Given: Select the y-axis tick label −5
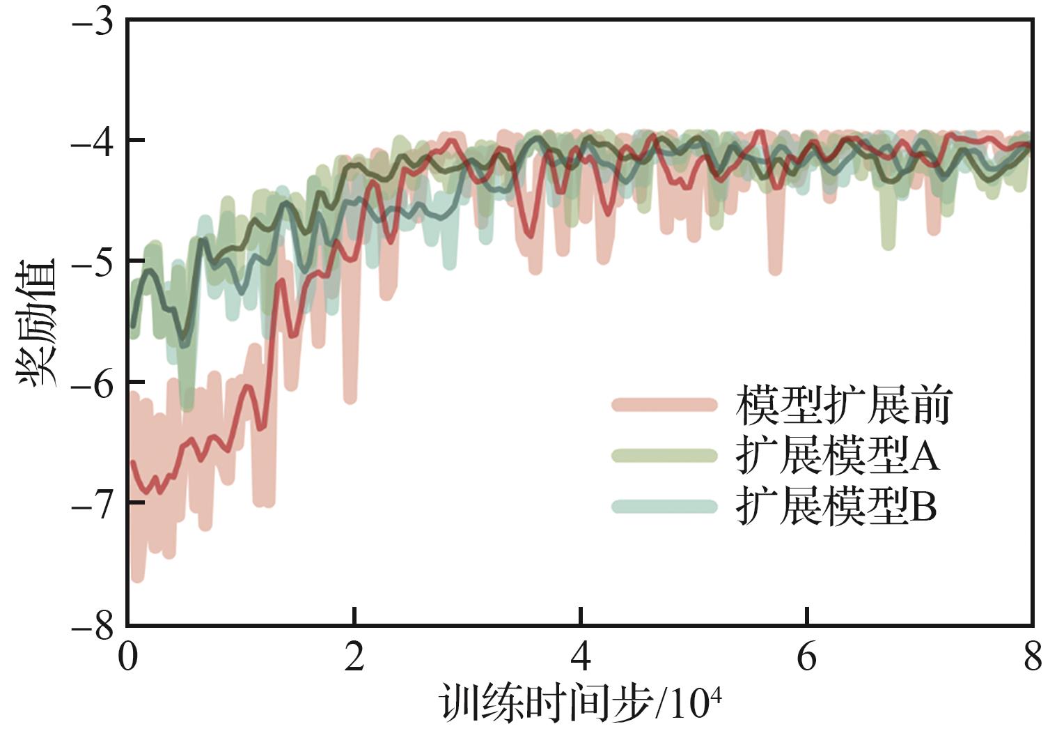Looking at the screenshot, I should point(93,263).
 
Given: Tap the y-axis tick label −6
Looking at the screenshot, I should point(93,383).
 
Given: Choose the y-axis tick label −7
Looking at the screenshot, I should point(93,504).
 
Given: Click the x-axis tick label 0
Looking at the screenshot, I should point(128,657).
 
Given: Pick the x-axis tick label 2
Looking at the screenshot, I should point(354,657).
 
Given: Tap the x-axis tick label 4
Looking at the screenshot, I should point(581,657).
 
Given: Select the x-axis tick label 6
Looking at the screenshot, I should point(806,657).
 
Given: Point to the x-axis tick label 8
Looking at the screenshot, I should point(1032,657).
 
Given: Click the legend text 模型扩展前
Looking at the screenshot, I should point(843,405).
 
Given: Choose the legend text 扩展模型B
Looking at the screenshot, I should point(836,507).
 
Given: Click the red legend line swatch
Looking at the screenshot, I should point(664,405).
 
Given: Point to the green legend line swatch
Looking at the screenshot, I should point(664,456).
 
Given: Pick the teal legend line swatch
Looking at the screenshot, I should point(664,507).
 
